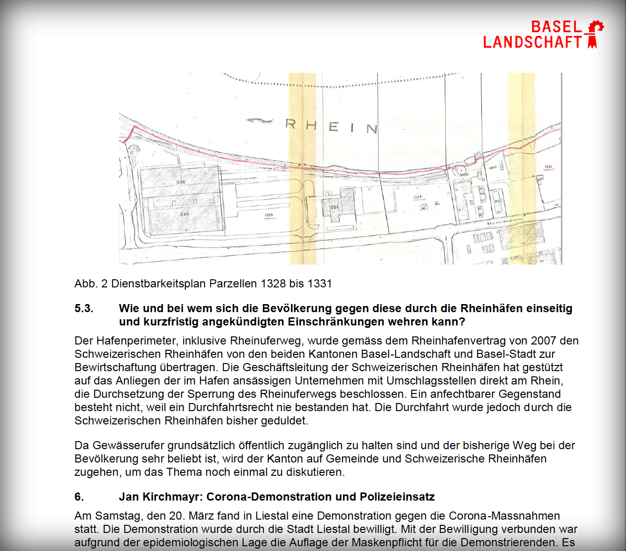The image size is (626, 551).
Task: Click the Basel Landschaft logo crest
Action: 594,34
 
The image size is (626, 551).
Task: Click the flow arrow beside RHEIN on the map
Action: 260,121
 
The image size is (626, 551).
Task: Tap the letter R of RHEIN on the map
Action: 291,124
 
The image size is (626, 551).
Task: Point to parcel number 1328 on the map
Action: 269,215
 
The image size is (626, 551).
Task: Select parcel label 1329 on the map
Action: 417,197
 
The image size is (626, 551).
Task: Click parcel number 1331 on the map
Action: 548,167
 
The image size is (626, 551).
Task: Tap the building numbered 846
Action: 181,182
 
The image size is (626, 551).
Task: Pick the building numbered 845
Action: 185,214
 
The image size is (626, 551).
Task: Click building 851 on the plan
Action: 335,207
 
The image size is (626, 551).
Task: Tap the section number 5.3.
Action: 84,308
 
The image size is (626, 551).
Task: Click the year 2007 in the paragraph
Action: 543,341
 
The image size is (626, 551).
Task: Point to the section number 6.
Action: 79,497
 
